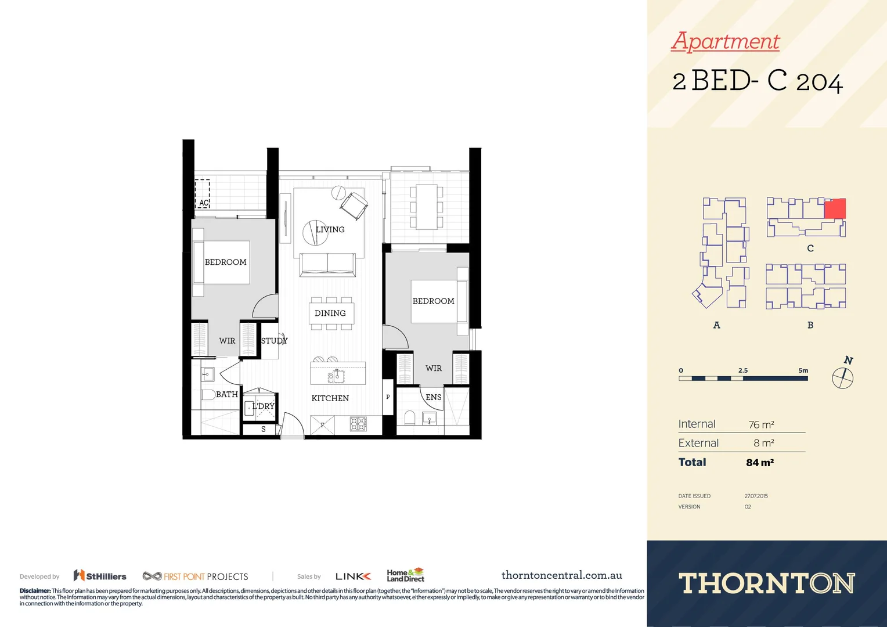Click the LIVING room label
(x=330, y=230)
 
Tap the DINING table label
(x=330, y=313)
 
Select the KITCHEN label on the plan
(x=330, y=398)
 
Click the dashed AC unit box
(x=202, y=194)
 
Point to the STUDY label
(x=273, y=341)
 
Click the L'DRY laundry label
(x=263, y=406)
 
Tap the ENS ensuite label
(x=433, y=398)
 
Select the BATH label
(x=226, y=395)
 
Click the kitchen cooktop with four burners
(x=358, y=424)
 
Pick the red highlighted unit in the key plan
(x=835, y=208)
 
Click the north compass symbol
(x=843, y=378)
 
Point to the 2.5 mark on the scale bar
(x=743, y=370)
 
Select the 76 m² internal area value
(x=761, y=425)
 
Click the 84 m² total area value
(x=759, y=463)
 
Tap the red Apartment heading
(x=725, y=41)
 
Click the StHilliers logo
(x=100, y=576)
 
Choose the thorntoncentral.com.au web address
(x=561, y=575)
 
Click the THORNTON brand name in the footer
(x=766, y=583)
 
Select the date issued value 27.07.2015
(x=756, y=496)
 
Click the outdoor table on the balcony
(x=427, y=207)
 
